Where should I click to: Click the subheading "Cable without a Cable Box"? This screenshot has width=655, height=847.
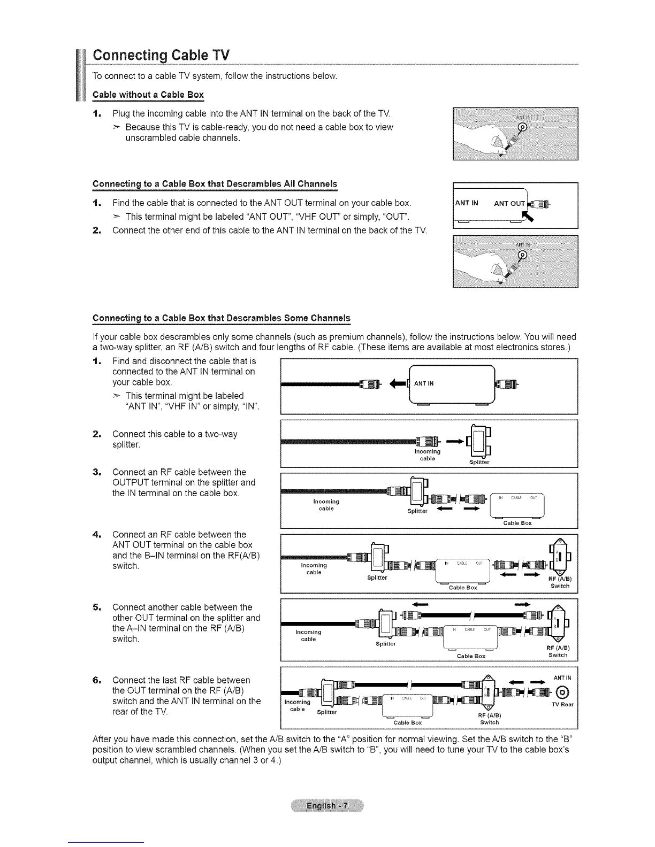(148, 95)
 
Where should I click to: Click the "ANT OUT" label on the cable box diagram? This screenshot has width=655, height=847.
(509, 203)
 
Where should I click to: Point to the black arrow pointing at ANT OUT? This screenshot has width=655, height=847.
(532, 215)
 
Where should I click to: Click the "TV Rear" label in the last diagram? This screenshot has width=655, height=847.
(562, 704)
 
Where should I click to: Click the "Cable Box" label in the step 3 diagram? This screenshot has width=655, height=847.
(517, 523)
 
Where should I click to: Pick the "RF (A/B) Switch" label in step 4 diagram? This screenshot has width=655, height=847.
(560, 582)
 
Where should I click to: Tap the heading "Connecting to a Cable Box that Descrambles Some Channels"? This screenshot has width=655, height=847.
(222, 319)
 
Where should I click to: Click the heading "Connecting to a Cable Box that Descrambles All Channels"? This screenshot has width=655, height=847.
(215, 184)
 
